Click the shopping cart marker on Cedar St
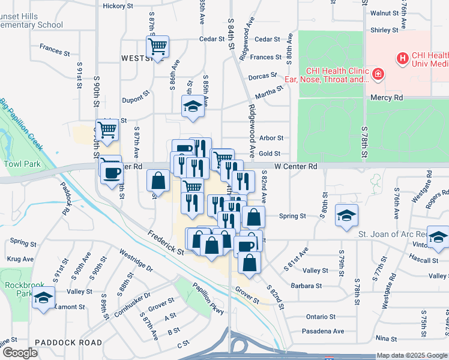157,46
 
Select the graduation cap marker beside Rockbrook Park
43,298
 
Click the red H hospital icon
402,59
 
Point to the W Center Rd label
295,166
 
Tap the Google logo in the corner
19,353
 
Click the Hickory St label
118,6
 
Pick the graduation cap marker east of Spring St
346,217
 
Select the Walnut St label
385,13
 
